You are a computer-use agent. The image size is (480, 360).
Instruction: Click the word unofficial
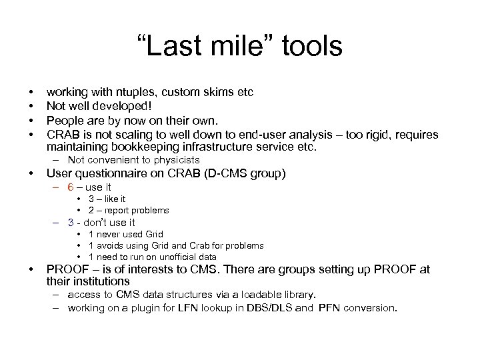coord(177,257)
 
